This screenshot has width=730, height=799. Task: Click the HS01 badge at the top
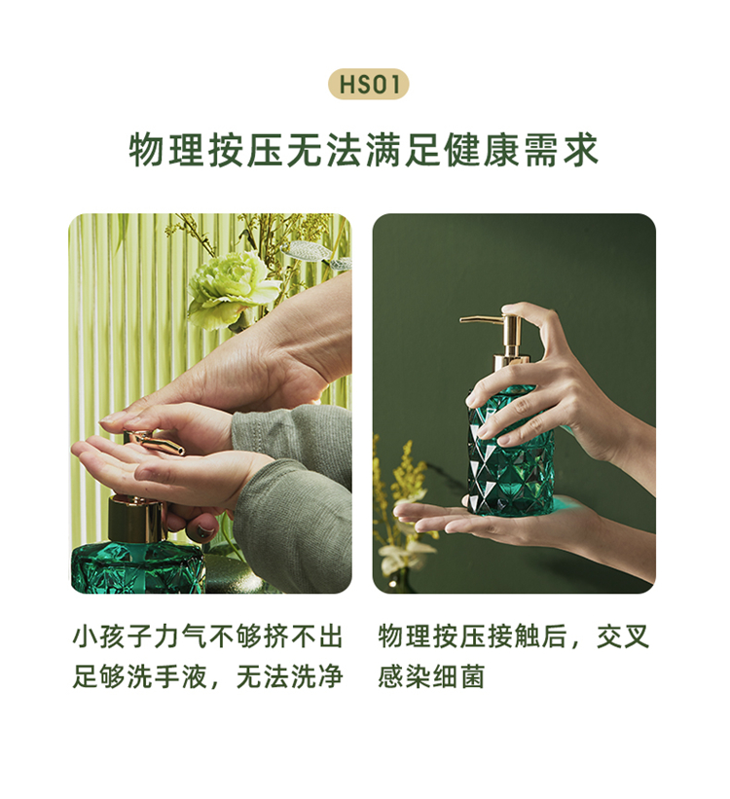[x=368, y=84]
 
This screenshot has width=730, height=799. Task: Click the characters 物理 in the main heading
[x=167, y=150]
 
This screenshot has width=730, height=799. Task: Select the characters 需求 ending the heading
[x=562, y=150]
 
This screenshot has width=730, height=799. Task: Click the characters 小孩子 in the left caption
[x=113, y=636]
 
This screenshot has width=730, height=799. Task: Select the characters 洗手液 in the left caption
[x=167, y=676]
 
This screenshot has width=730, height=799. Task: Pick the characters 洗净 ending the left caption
[x=317, y=676]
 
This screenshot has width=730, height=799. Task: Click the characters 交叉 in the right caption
[x=624, y=636]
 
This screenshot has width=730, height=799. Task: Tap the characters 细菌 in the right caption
[x=458, y=676]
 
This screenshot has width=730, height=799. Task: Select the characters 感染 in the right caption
[x=404, y=676]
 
